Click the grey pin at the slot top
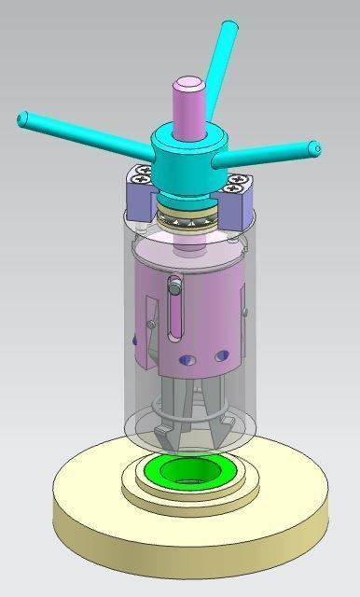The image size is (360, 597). [x=174, y=286]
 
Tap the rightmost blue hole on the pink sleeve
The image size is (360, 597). [x=221, y=355]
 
